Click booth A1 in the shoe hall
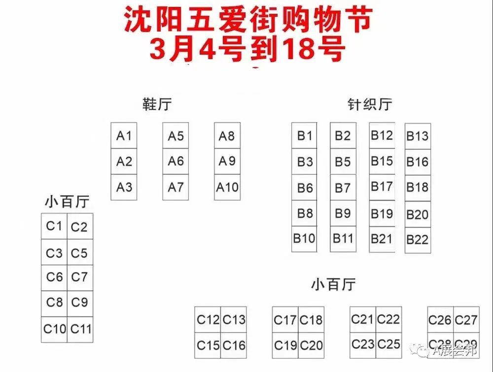tap(124, 135)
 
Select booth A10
tap(227, 187)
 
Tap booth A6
tap(176, 161)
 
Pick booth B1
tap(304, 135)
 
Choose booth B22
tap(418, 240)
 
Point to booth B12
tap(382, 135)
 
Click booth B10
tap(304, 239)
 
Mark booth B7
tap(343, 188)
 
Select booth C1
tap(54, 226)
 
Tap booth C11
tap(80, 329)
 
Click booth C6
tap(54, 277)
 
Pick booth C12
tap(208, 320)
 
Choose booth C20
tap(311, 345)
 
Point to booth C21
tap(363, 319)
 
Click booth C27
tap(466, 320)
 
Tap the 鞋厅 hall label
tap(157, 105)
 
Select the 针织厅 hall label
tap(369, 104)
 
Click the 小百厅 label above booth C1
tap(67, 203)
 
